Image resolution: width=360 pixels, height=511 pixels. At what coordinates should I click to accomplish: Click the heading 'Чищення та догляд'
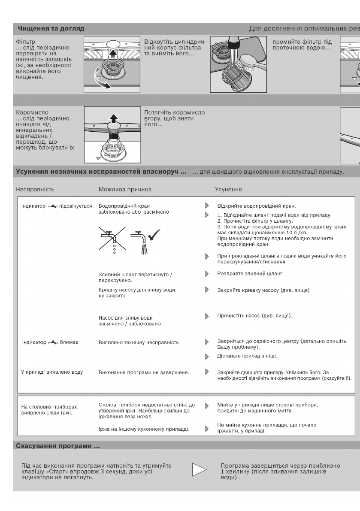click(51, 29)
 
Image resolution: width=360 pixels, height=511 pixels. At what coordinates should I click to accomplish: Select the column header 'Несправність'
click(35, 189)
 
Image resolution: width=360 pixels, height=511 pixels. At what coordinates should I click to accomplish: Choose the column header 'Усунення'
click(230, 189)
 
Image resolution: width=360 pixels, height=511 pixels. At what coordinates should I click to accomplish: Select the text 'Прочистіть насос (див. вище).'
click(255, 316)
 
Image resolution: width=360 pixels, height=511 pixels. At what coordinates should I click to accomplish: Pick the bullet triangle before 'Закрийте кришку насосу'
click(207, 290)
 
